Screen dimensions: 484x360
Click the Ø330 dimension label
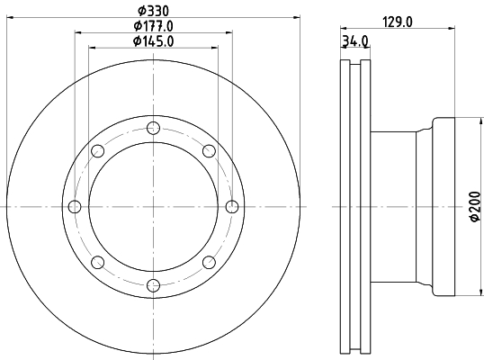point(154,11)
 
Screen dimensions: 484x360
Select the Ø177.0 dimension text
point(154,26)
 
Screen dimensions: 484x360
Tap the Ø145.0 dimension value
point(154,41)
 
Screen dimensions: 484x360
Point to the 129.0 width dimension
point(398,22)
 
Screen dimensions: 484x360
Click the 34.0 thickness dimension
point(355,41)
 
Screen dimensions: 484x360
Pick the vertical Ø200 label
point(475,206)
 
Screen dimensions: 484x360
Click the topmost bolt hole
point(154,128)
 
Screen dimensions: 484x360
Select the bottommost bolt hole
point(154,285)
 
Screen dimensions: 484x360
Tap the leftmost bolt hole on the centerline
point(75,207)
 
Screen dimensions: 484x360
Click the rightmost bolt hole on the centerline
point(232,207)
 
